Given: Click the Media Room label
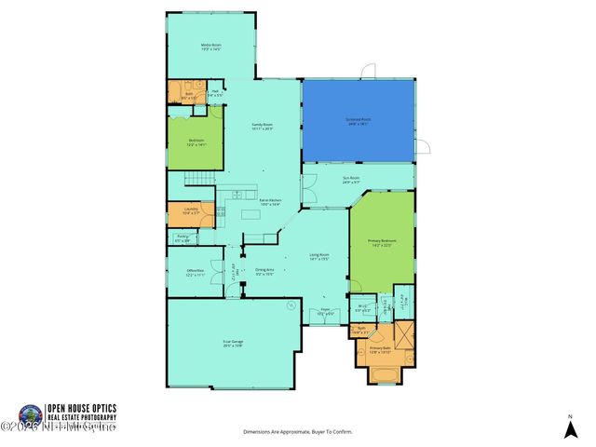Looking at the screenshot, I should click(x=211, y=46).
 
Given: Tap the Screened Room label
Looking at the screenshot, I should click(x=359, y=120).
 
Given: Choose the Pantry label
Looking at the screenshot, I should click(x=183, y=239).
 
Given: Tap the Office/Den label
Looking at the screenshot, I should click(x=196, y=273).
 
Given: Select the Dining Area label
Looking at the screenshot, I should click(x=264, y=271).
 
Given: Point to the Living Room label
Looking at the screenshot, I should click(x=321, y=258).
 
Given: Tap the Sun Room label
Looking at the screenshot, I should click(x=350, y=181).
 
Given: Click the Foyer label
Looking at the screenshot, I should click(x=325, y=313).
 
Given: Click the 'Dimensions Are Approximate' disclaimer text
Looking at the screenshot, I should click(x=298, y=432).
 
